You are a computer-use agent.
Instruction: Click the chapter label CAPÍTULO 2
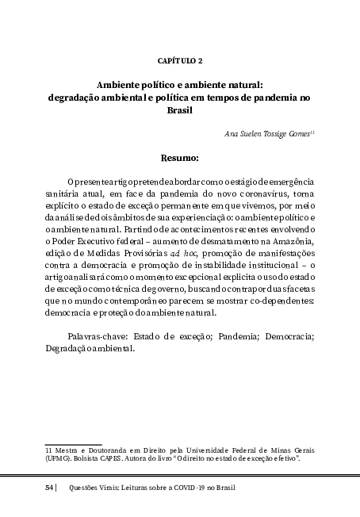tap(180, 60)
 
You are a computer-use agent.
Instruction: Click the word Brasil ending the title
tap(181, 111)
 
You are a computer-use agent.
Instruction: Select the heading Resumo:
tap(180, 157)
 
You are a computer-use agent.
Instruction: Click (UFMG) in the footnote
tap(59, 458)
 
